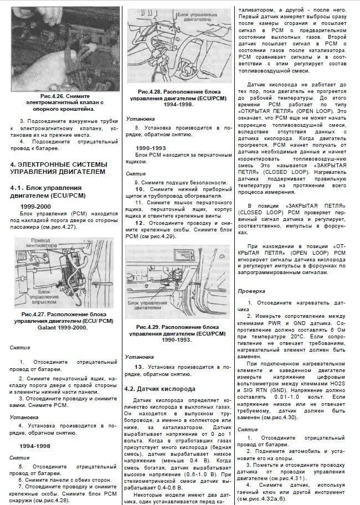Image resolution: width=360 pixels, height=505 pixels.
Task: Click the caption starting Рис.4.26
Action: click(65, 102)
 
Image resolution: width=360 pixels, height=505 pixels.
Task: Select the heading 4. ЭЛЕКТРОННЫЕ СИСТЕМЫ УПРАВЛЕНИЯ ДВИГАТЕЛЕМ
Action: click(59, 168)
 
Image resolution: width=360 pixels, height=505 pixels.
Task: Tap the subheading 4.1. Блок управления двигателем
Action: click(48, 192)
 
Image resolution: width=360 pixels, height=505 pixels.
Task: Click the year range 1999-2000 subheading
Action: click(35, 207)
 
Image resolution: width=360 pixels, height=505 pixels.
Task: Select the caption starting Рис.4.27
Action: click(64, 321)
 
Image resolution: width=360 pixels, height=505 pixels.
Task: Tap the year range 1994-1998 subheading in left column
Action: click(35, 446)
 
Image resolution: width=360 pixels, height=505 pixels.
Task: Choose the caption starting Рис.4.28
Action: click(178, 98)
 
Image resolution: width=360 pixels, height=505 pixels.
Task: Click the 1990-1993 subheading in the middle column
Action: click(151, 148)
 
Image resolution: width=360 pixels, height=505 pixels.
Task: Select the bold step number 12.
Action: click(140, 223)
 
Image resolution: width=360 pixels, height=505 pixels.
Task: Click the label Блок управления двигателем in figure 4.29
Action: click(147, 305)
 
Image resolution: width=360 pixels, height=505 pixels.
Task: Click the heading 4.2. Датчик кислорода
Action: click(160, 389)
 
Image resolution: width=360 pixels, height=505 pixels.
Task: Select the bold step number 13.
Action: click(139, 367)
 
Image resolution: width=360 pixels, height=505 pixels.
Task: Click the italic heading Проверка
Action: click(251, 291)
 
